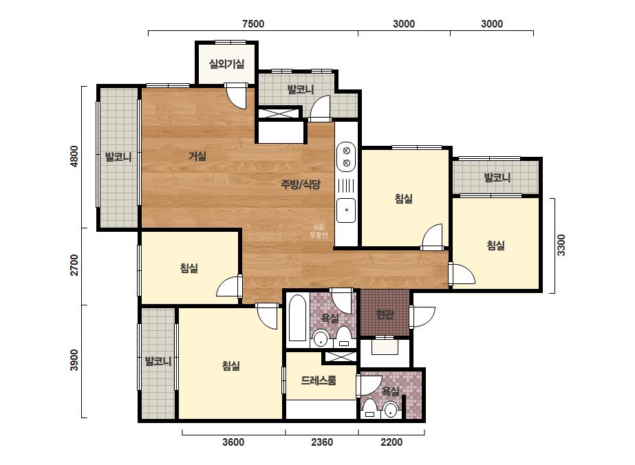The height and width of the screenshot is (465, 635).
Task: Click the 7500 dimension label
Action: [253, 24]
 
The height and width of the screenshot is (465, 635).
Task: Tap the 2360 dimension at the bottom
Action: [322, 442]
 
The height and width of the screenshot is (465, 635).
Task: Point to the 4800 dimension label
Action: [74, 157]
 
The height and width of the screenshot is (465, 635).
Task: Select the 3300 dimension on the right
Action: [561, 245]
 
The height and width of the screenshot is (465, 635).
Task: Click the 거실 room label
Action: [197, 156]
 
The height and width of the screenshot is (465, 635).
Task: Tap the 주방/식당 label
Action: [301, 184]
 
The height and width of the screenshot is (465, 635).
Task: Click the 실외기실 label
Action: [226, 63]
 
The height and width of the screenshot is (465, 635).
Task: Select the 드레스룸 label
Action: [319, 380]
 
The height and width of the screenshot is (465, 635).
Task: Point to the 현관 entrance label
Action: [385, 314]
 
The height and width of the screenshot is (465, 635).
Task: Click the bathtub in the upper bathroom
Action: [298, 318]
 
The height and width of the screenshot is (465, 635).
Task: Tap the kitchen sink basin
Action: [346, 210]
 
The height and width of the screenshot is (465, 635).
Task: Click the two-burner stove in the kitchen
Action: [346, 157]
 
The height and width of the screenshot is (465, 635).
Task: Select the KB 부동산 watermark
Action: [319, 231]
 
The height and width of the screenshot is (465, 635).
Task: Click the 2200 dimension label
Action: [391, 442]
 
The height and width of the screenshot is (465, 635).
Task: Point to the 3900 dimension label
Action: [74, 360]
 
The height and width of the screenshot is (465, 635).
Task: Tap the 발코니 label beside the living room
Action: [118, 157]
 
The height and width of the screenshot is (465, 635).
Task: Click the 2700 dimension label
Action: [74, 265]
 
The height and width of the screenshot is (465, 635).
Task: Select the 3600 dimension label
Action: [233, 442]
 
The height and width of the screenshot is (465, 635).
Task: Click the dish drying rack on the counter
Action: [346, 185]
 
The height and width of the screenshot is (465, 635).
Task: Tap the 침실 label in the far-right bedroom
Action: [496, 246]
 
